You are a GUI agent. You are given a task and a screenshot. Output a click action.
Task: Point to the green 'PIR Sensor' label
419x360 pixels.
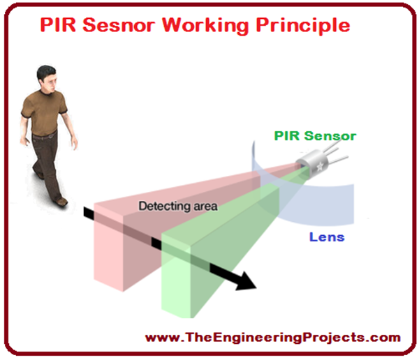point(315,136)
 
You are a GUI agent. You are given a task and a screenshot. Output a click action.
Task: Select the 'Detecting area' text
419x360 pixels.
point(178,207)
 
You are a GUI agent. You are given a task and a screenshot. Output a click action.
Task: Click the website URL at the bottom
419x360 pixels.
point(273,337)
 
